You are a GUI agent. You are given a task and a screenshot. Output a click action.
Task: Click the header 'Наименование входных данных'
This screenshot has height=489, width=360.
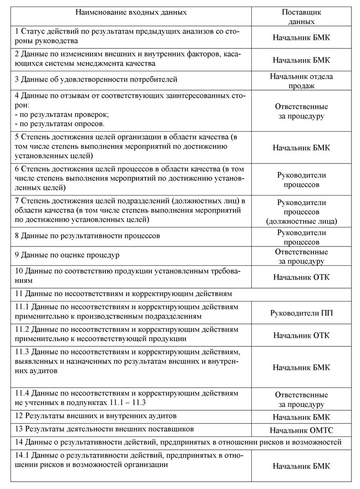(x=131, y=12)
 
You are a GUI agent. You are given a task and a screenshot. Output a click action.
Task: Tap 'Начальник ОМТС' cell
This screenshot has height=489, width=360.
(x=301, y=430)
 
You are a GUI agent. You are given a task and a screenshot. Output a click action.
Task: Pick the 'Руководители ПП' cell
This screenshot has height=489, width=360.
(x=301, y=313)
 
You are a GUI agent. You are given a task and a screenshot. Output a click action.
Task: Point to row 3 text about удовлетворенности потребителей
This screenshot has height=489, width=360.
(x=96, y=79)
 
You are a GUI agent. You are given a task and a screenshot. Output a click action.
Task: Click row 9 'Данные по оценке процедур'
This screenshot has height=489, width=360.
(x=67, y=256)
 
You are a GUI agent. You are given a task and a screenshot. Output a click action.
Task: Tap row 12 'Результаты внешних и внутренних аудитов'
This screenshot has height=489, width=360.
(x=96, y=416)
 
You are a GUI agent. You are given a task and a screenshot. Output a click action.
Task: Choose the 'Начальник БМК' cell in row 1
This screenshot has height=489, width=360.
(x=301, y=37)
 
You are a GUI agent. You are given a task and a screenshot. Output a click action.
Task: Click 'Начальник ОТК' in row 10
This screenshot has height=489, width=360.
(x=301, y=277)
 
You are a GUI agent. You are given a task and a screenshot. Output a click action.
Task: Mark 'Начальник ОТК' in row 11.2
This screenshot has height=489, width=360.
(x=301, y=335)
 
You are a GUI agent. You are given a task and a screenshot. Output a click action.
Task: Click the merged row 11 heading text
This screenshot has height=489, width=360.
(x=123, y=293)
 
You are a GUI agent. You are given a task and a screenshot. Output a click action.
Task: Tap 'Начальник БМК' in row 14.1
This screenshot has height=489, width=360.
(x=301, y=466)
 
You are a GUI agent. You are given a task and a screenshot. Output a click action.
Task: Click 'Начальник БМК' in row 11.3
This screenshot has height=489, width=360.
(x=301, y=367)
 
